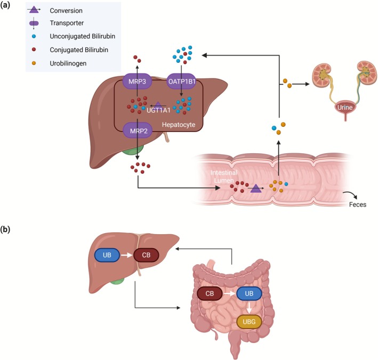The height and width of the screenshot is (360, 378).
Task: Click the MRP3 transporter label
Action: pyautogui.click(x=137, y=81)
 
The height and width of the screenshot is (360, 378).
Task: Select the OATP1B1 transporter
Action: pyautogui.click(x=182, y=81)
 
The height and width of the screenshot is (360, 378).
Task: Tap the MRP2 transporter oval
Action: pyautogui.click(x=139, y=131)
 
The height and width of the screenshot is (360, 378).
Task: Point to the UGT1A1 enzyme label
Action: pyautogui.click(x=158, y=110)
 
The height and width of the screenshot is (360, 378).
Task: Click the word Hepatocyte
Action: pyautogui.click(x=179, y=125)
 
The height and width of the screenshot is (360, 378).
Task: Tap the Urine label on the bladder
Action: pyautogui.click(x=345, y=108)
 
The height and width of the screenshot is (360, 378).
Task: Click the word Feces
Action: pyautogui.click(x=358, y=204)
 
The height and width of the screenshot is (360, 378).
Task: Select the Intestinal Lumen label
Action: pyautogui.click(x=224, y=176)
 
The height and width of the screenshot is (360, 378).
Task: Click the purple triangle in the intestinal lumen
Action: pyautogui.click(x=256, y=189)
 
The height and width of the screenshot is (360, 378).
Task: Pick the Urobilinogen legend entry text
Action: pyautogui.click(x=68, y=63)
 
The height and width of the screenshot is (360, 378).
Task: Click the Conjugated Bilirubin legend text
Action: pyautogui.click(x=79, y=50)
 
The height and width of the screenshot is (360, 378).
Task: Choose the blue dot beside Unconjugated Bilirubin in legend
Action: pyautogui.click(x=34, y=36)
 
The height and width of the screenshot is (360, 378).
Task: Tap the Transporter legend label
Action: pyautogui.click(x=67, y=23)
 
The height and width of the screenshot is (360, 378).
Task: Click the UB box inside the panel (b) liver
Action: pyautogui.click(x=107, y=255)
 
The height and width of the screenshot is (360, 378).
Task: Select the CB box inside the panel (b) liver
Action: pyautogui.click(x=146, y=255)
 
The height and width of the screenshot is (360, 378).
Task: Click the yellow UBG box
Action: pyautogui.click(x=249, y=322)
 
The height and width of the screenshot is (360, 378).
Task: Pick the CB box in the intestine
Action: pyautogui.click(x=210, y=293)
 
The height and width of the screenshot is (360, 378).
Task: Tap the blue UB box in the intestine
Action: pyautogui.click(x=249, y=293)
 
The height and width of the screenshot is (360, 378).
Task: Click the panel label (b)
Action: pyautogui.click(x=5, y=230)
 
